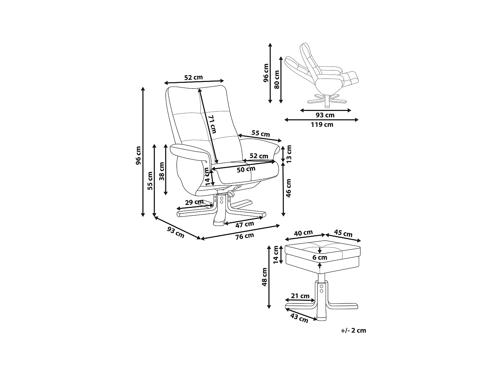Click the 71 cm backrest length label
coord(212,125)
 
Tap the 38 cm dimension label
coord(162,171)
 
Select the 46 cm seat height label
coord(289,187)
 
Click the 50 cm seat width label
coord(246,169)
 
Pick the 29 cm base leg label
coord(194,202)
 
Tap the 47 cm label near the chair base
coord(245,224)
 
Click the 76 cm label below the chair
coord(245,236)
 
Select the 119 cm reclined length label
coord(322,125)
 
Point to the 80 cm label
coord(277,79)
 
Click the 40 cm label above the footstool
coord(303,233)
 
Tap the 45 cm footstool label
coord(343,233)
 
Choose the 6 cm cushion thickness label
coord(320,258)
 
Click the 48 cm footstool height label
coord(264,277)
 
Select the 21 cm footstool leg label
coord(300,296)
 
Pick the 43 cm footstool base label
coord(299,319)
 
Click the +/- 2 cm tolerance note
coord(353,331)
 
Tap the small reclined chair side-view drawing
coord(321,75)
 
